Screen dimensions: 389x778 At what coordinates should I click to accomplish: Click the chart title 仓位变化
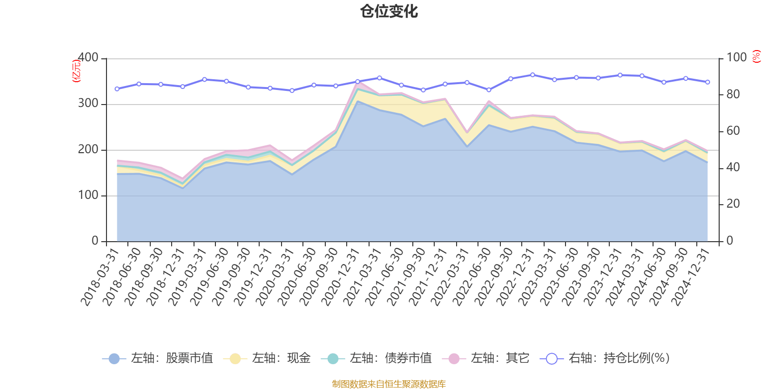point(389,11)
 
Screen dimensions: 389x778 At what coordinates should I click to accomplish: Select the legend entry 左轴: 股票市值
point(158,358)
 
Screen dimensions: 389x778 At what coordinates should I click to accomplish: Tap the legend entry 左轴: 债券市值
point(376,358)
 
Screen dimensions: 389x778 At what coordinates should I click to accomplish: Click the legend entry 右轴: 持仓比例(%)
point(605,358)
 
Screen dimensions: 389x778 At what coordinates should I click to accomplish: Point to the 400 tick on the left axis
point(88,57)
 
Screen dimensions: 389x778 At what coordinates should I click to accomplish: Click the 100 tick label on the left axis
point(88,195)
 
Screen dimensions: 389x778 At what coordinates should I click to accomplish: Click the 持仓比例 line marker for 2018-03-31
point(117,89)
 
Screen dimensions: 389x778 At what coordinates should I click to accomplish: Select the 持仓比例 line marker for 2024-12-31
point(707,82)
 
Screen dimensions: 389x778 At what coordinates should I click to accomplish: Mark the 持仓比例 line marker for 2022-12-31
point(532,75)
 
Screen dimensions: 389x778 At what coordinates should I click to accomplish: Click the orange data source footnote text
point(389,384)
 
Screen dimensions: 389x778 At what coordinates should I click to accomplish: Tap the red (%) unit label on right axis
point(756,56)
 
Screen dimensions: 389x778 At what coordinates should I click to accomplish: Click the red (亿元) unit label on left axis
point(76,71)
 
